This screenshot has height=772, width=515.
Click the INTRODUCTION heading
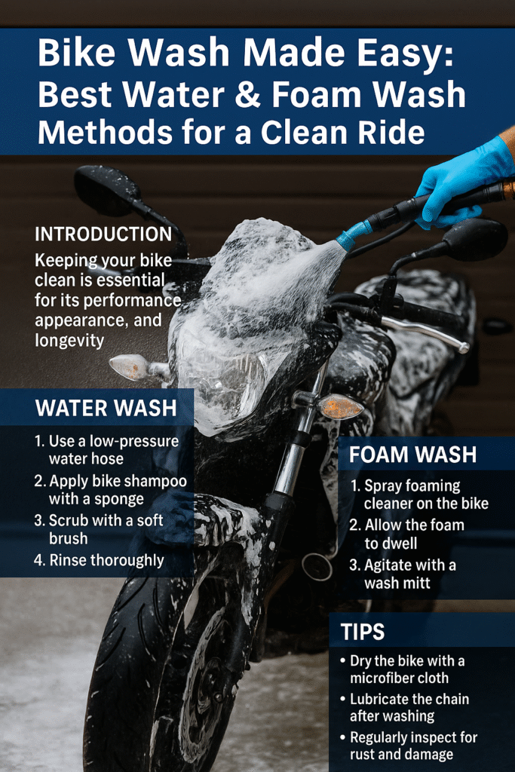pos(103,234)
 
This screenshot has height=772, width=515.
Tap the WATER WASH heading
pos(106,408)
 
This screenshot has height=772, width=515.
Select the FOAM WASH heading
pos(412,455)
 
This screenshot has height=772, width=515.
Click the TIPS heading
pos(363,632)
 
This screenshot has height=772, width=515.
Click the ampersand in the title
pos(248,94)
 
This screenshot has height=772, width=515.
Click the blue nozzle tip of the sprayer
pos(353,236)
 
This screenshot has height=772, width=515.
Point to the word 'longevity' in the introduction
pos(69,341)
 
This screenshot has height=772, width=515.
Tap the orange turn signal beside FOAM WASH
pos(339,406)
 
